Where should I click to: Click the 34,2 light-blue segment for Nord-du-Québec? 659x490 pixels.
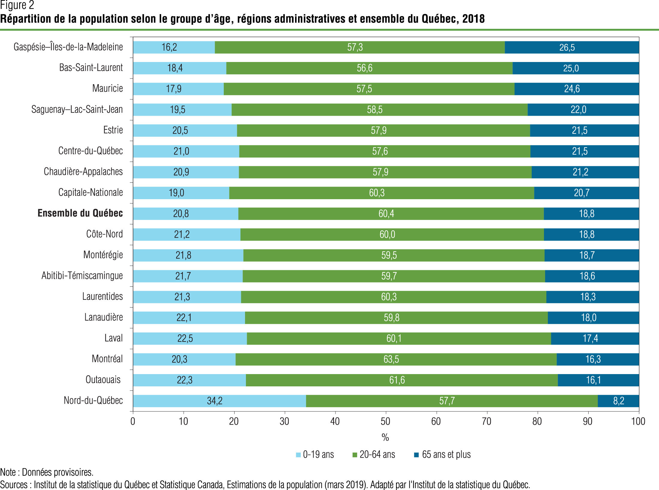pyautogui.click(x=219, y=401)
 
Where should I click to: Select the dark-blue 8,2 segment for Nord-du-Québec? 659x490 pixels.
pyautogui.click(x=618, y=401)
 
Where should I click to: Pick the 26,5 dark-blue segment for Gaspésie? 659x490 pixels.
pyautogui.click(x=572, y=47)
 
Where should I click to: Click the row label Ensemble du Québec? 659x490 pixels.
pyautogui.click(x=80, y=213)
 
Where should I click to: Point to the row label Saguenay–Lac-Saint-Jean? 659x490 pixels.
pyautogui.click(x=77, y=109)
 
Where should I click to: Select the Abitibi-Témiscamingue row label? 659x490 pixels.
pyautogui.click(x=82, y=276)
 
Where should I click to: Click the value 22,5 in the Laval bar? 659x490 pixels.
pyautogui.click(x=185, y=338)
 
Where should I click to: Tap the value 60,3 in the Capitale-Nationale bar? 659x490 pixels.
pyautogui.click(x=377, y=193)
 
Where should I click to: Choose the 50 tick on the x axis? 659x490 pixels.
pyautogui.click(x=385, y=421)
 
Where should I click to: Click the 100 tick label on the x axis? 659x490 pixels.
pyautogui.click(x=638, y=421)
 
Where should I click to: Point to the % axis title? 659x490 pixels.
pyautogui.click(x=385, y=437)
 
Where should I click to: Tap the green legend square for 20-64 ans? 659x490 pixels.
pyautogui.click(x=355, y=455)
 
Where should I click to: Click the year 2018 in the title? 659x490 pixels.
pyautogui.click(x=473, y=19)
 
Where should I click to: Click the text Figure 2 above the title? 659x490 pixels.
pyautogui.click(x=17, y=5)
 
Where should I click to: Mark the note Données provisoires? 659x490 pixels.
pyautogui.click(x=58, y=472)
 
